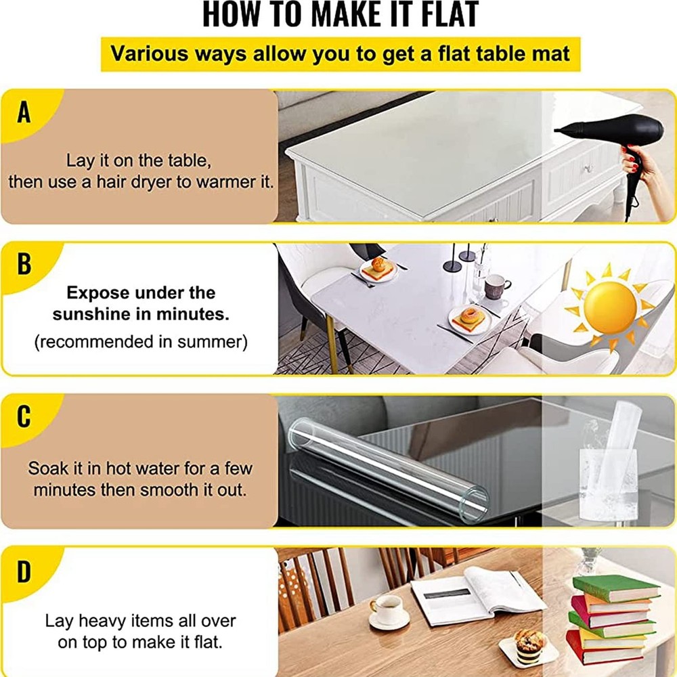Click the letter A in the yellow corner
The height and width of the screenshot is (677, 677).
[24, 112]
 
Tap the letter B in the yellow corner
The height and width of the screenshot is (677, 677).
[24, 264]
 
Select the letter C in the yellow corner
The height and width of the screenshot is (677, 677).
[24, 416]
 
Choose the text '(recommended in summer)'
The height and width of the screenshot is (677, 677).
[141, 342]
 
